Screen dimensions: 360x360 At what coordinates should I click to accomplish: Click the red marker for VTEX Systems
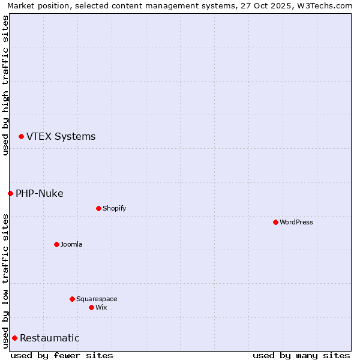21,137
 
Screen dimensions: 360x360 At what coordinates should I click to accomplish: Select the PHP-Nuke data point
10,193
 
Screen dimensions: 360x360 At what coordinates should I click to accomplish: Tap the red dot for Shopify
98,208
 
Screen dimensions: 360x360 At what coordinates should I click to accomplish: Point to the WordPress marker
275,222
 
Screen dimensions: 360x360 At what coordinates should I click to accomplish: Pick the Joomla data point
56,244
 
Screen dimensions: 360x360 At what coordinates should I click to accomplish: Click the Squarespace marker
72,299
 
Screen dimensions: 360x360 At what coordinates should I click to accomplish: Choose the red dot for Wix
91,307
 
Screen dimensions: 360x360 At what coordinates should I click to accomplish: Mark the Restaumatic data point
14,338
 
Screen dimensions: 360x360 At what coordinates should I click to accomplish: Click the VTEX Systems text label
61,137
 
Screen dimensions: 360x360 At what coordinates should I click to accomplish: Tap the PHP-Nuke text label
40,193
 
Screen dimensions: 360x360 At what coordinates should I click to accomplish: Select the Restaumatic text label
50,338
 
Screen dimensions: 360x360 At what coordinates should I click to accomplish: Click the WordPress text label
296,222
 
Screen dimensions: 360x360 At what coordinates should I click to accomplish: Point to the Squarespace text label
97,299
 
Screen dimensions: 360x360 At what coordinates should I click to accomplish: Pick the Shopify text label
114,208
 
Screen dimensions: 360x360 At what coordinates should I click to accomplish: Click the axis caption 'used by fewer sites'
62,355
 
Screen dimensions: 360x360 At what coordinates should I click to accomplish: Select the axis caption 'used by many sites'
301,355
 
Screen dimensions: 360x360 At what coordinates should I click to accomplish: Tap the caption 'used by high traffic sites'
5,85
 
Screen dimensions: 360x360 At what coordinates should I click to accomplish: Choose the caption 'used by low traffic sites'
5,281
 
